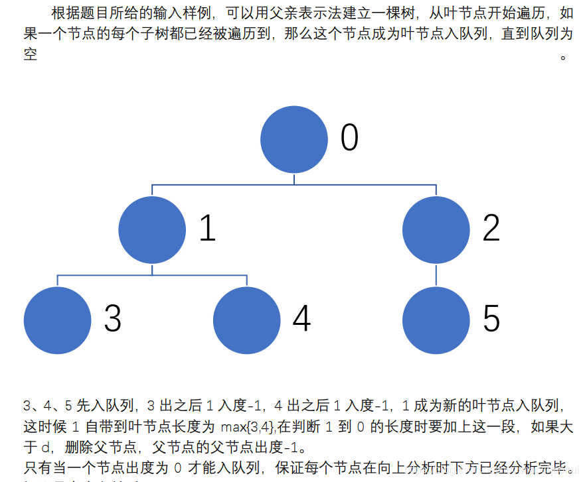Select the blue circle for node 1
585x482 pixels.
152,230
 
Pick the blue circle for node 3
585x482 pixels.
57,320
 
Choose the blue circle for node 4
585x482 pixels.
246,320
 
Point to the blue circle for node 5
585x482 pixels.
436,320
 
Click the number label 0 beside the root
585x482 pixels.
349,138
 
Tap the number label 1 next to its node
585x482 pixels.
207,229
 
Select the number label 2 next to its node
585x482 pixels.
491,229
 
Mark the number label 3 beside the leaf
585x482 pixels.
113,319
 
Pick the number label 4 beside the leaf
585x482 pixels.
302,319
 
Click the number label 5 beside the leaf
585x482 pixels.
491,319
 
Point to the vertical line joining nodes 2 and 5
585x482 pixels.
436,275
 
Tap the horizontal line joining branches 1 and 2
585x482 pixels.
294,185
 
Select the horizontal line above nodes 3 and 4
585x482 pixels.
152,274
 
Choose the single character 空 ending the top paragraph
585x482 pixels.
31,54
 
